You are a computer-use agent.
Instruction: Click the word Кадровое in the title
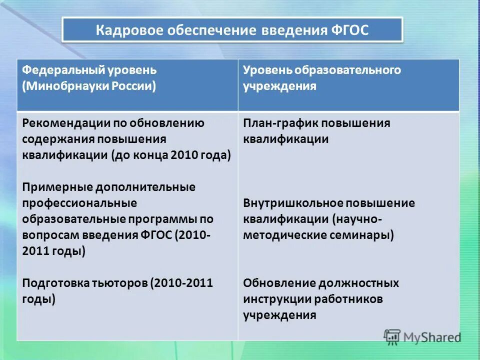[x=127, y=30]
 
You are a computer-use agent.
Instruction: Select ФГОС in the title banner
[x=349, y=30]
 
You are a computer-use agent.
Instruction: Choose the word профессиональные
[x=72, y=203]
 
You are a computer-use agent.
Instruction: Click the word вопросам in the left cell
[x=48, y=235]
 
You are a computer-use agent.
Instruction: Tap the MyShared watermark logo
[x=423, y=337]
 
